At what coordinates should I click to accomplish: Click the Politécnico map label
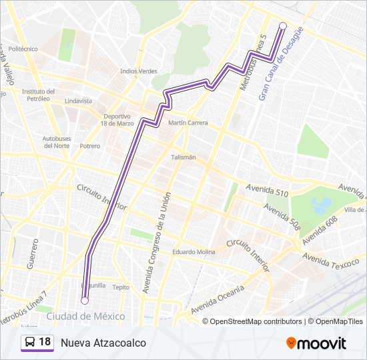tap(23, 49)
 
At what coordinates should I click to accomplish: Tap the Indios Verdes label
tap(138, 71)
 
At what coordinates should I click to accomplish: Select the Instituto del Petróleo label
tap(38, 95)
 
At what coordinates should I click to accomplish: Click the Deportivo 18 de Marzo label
tap(117, 119)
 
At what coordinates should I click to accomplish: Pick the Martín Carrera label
tap(188, 123)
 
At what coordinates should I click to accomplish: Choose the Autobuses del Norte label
tap(57, 142)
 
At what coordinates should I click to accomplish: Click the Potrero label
tap(90, 146)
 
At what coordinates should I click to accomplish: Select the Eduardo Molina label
tap(194, 252)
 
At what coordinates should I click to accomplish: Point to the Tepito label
tap(121, 287)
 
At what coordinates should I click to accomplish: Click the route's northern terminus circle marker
tap(282, 26)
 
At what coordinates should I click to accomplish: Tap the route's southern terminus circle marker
tap(85, 301)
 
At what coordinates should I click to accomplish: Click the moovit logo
tap(316, 343)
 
